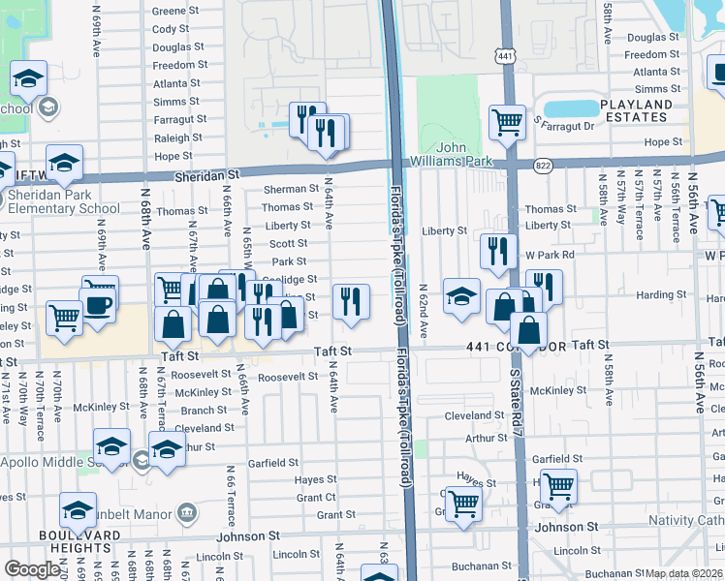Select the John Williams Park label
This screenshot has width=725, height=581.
[464, 154]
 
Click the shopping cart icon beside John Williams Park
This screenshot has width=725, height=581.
[507, 122]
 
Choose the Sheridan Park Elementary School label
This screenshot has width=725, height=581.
[64, 201]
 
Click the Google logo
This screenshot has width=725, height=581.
[32, 569]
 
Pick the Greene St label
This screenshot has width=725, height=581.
[175, 13]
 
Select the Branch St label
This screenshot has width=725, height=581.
[204, 411]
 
